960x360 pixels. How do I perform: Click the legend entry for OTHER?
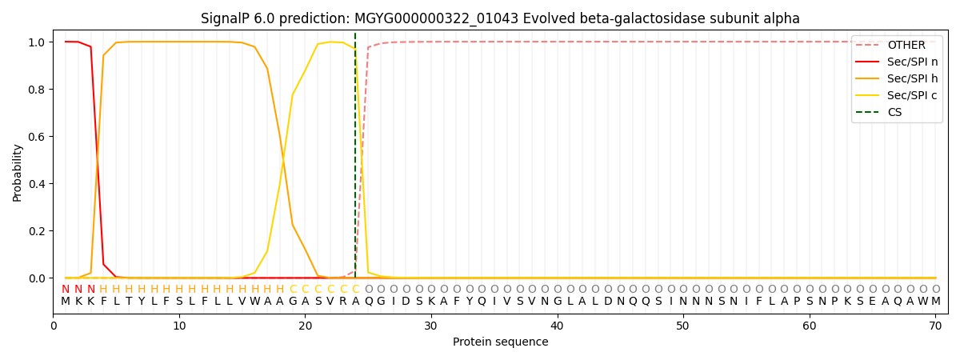906,46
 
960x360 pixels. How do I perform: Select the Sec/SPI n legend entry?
912,62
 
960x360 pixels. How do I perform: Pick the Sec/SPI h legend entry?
912,79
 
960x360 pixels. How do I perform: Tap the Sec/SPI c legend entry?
912,96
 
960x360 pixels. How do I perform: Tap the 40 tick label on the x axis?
558,326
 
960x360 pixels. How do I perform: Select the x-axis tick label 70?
935,326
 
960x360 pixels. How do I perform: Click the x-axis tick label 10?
179,326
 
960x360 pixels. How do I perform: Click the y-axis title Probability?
18,173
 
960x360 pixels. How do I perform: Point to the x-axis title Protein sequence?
500,342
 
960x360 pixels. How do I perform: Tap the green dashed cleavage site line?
355,160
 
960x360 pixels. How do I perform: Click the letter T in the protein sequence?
129,302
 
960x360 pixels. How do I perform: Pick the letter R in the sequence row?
343,302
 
